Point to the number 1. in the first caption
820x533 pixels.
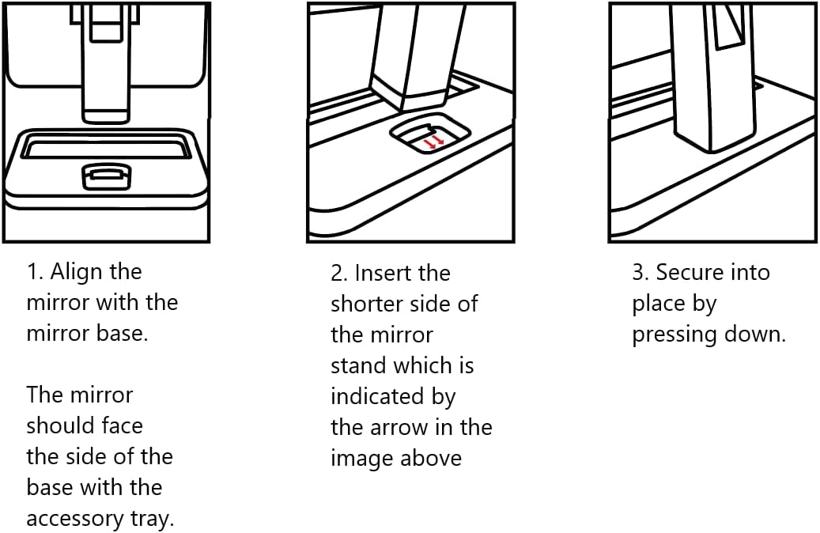36,272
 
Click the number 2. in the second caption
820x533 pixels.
340,274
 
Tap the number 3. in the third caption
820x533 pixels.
641,273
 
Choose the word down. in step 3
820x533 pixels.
758,335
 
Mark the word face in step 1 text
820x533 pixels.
123,426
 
